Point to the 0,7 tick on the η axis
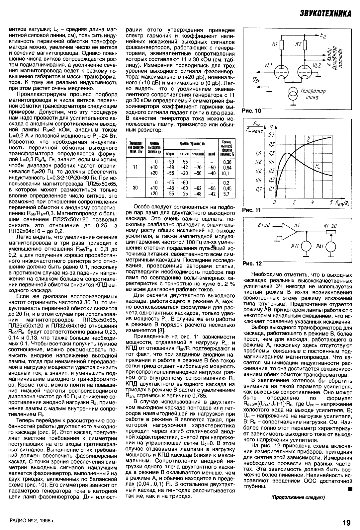(x=272, y=135)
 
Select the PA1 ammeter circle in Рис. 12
(x=331, y=246)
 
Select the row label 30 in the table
(x=135, y=188)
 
